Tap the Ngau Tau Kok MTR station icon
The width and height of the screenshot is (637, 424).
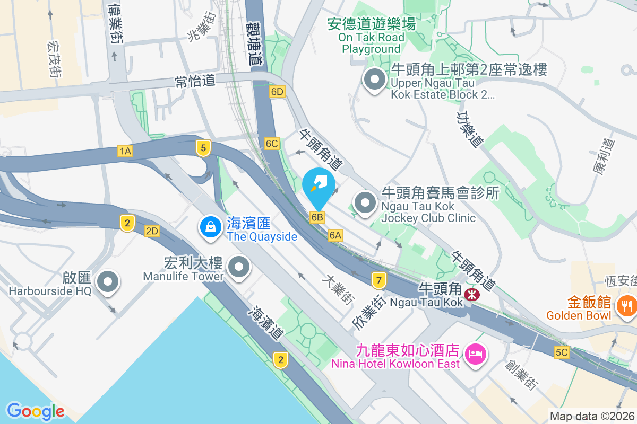click(x=471, y=294)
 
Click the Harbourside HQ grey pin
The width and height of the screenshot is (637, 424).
click(x=108, y=281)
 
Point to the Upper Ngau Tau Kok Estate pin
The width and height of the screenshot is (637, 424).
click(x=375, y=80)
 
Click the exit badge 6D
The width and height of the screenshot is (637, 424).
click(x=277, y=91)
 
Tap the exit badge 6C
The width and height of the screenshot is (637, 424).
click(x=272, y=144)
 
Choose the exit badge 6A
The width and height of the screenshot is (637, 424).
click(x=335, y=235)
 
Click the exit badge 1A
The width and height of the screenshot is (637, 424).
click(x=125, y=152)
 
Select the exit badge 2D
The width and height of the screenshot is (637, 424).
click(x=152, y=231)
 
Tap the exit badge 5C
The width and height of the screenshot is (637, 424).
click(x=562, y=352)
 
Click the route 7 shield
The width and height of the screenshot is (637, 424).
click(x=378, y=279)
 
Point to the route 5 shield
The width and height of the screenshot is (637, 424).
click(x=203, y=148)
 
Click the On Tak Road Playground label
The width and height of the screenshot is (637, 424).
click(x=371, y=37)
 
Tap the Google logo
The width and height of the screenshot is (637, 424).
click(x=36, y=411)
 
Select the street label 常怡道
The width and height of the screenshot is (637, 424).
click(x=195, y=81)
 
